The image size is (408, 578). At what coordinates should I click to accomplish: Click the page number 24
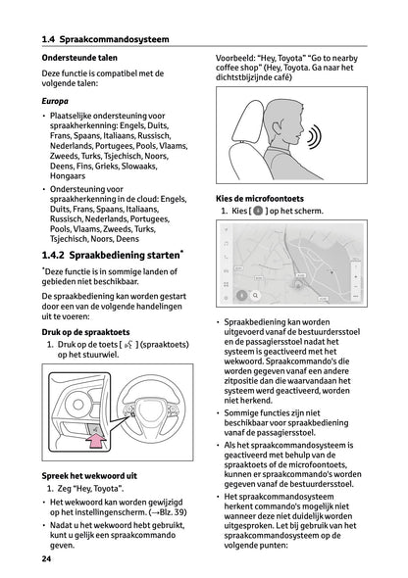click(46, 558)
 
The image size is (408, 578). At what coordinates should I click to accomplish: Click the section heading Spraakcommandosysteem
click(114, 39)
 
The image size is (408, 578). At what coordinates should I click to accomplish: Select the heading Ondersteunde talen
click(79, 58)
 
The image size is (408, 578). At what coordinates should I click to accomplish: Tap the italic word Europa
click(55, 101)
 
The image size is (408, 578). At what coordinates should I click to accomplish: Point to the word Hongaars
click(68, 176)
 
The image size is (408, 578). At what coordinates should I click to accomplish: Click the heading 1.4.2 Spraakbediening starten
click(113, 255)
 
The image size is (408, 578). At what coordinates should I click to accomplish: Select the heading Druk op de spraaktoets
click(85, 332)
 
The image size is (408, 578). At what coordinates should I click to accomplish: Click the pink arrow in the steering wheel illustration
click(96, 441)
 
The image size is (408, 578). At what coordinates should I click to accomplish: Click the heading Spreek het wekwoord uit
click(89, 476)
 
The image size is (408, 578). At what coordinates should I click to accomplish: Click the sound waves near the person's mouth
click(314, 137)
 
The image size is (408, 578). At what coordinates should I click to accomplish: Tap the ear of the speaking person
click(277, 128)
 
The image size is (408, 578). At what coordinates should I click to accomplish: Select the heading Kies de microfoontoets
click(260, 199)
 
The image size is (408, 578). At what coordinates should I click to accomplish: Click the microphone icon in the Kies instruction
click(258, 211)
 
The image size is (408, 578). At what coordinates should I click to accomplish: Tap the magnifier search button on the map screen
click(255, 295)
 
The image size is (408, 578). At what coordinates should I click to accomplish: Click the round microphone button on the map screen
click(241, 295)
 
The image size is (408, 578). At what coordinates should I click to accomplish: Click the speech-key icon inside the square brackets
click(128, 345)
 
